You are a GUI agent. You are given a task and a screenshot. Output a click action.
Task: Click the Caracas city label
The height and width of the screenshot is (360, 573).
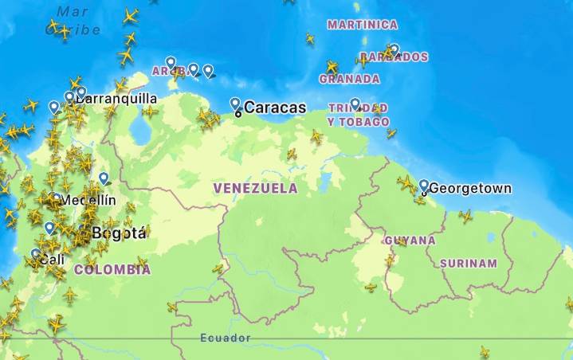(x=275, y=108)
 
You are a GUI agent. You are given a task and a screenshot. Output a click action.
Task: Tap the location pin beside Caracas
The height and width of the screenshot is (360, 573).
(x=235, y=104)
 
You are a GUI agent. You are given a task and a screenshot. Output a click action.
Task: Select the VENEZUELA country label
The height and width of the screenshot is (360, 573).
(x=255, y=189)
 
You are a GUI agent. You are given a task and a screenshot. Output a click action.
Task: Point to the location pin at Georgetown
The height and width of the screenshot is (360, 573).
(x=423, y=186)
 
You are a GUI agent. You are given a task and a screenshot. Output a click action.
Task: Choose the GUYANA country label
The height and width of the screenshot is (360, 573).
(x=410, y=241)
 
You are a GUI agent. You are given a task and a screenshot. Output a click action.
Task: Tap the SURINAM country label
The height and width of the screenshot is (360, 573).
(x=469, y=264)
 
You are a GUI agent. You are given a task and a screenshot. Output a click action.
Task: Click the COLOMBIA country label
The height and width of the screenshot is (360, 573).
(x=112, y=270)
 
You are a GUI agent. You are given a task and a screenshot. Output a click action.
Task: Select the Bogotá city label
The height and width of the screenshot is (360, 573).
(x=120, y=233)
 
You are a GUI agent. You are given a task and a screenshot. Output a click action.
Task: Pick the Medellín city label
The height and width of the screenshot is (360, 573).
(x=88, y=200)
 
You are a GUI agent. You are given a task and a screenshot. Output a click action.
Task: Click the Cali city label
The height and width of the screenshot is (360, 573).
(x=53, y=260)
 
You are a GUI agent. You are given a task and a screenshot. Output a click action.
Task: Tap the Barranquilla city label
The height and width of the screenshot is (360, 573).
(x=117, y=100)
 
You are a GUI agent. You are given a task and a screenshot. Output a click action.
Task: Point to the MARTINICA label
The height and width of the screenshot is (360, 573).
(x=363, y=25)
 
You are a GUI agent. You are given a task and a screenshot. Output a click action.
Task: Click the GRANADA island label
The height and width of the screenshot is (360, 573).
(x=349, y=79)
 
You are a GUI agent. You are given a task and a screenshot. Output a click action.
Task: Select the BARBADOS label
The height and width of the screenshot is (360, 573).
(x=394, y=57)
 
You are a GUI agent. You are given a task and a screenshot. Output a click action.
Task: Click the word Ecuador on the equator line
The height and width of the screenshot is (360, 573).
(x=226, y=338)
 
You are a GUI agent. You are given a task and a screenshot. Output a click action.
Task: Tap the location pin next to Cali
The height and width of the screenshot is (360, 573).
(x=36, y=255)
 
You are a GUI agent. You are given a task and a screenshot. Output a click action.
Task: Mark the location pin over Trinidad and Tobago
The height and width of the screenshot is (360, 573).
(x=355, y=104)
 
